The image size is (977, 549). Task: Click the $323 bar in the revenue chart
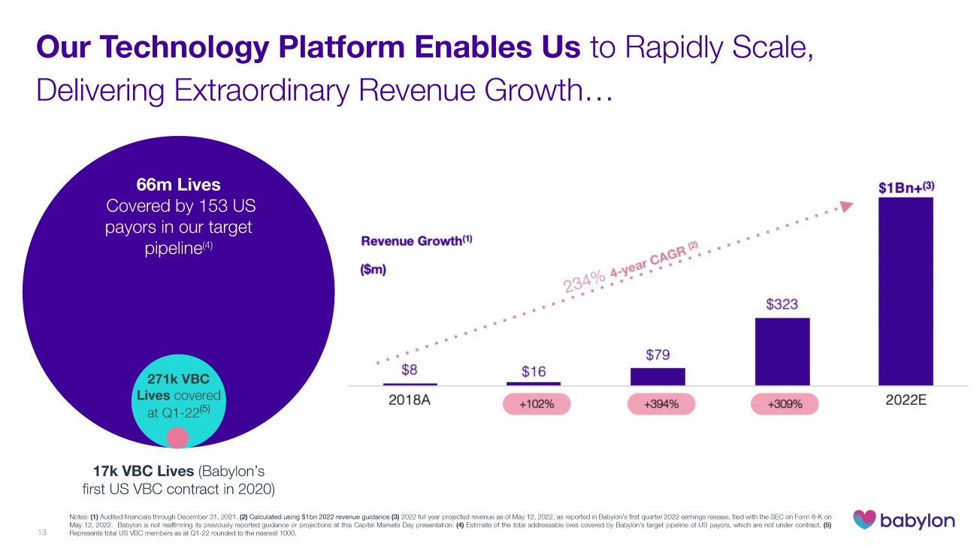click(x=782, y=351)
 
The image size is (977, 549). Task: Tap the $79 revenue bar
click(x=658, y=376)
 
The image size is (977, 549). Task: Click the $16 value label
click(x=534, y=371)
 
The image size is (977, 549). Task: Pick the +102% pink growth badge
click(x=537, y=404)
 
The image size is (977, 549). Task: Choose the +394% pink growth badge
click(x=661, y=404)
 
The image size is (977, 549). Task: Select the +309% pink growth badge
click(x=785, y=404)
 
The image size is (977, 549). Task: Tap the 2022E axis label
click(x=906, y=400)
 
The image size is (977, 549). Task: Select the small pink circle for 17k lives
click(x=177, y=437)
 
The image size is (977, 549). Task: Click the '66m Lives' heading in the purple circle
click(x=179, y=184)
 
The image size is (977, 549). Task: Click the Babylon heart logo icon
click(x=864, y=520)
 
